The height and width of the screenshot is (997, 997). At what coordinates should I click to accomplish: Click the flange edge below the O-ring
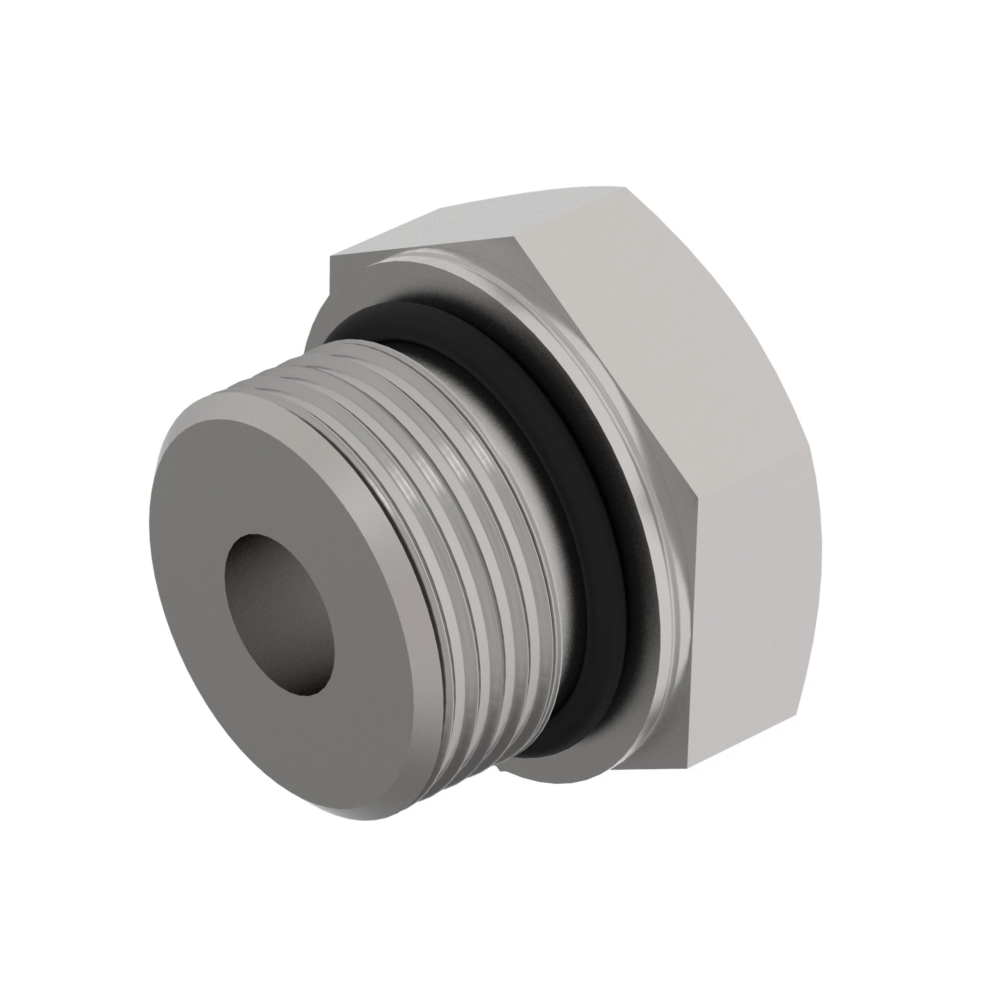[x=557, y=784]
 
